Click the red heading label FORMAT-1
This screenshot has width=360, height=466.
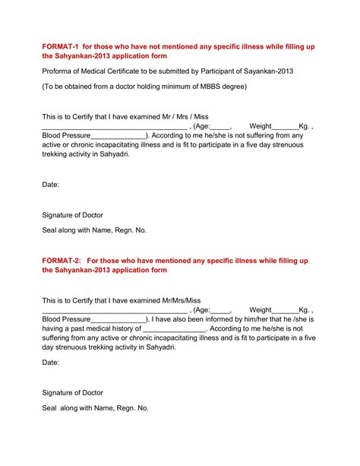click(x=60, y=46)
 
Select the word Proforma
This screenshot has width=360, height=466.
click(x=58, y=71)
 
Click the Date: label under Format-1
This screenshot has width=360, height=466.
click(x=50, y=184)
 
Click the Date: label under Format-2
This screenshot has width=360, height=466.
click(x=50, y=363)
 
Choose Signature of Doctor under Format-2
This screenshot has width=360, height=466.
click(x=72, y=392)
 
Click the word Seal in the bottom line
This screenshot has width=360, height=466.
click(x=50, y=408)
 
